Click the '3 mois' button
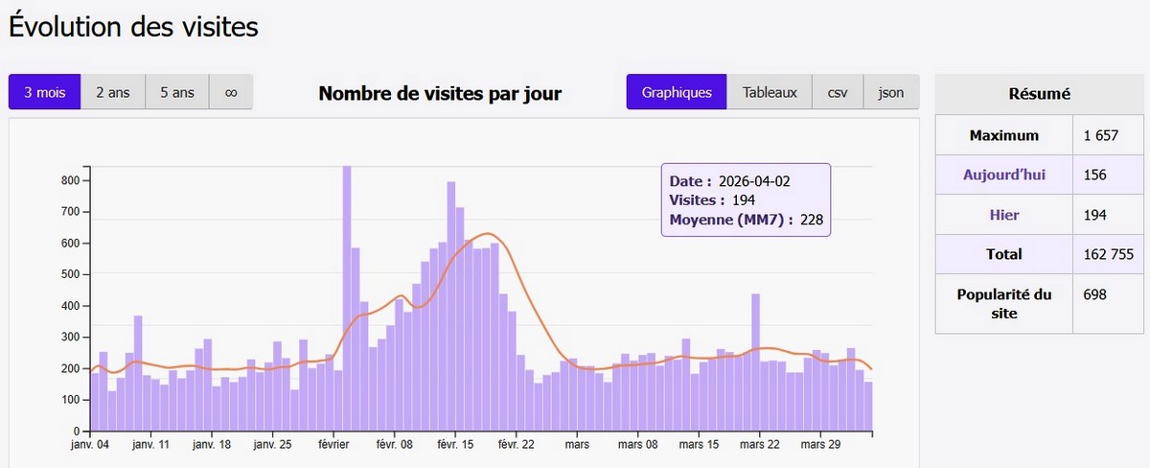click(45, 92)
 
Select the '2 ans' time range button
click(113, 92)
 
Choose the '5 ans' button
click(177, 92)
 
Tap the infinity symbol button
click(231, 92)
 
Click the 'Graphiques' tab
click(677, 92)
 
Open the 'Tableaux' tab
click(770, 92)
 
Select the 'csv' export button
click(838, 92)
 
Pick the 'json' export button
click(891, 92)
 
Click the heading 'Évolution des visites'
click(134, 27)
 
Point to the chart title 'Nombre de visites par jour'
click(440, 93)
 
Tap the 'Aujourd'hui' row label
click(1003, 175)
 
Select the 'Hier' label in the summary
click(1003, 215)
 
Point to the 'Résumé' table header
click(1040, 94)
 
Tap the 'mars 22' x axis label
click(757, 445)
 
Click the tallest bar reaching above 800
click(347, 297)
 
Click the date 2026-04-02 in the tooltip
click(755, 180)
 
